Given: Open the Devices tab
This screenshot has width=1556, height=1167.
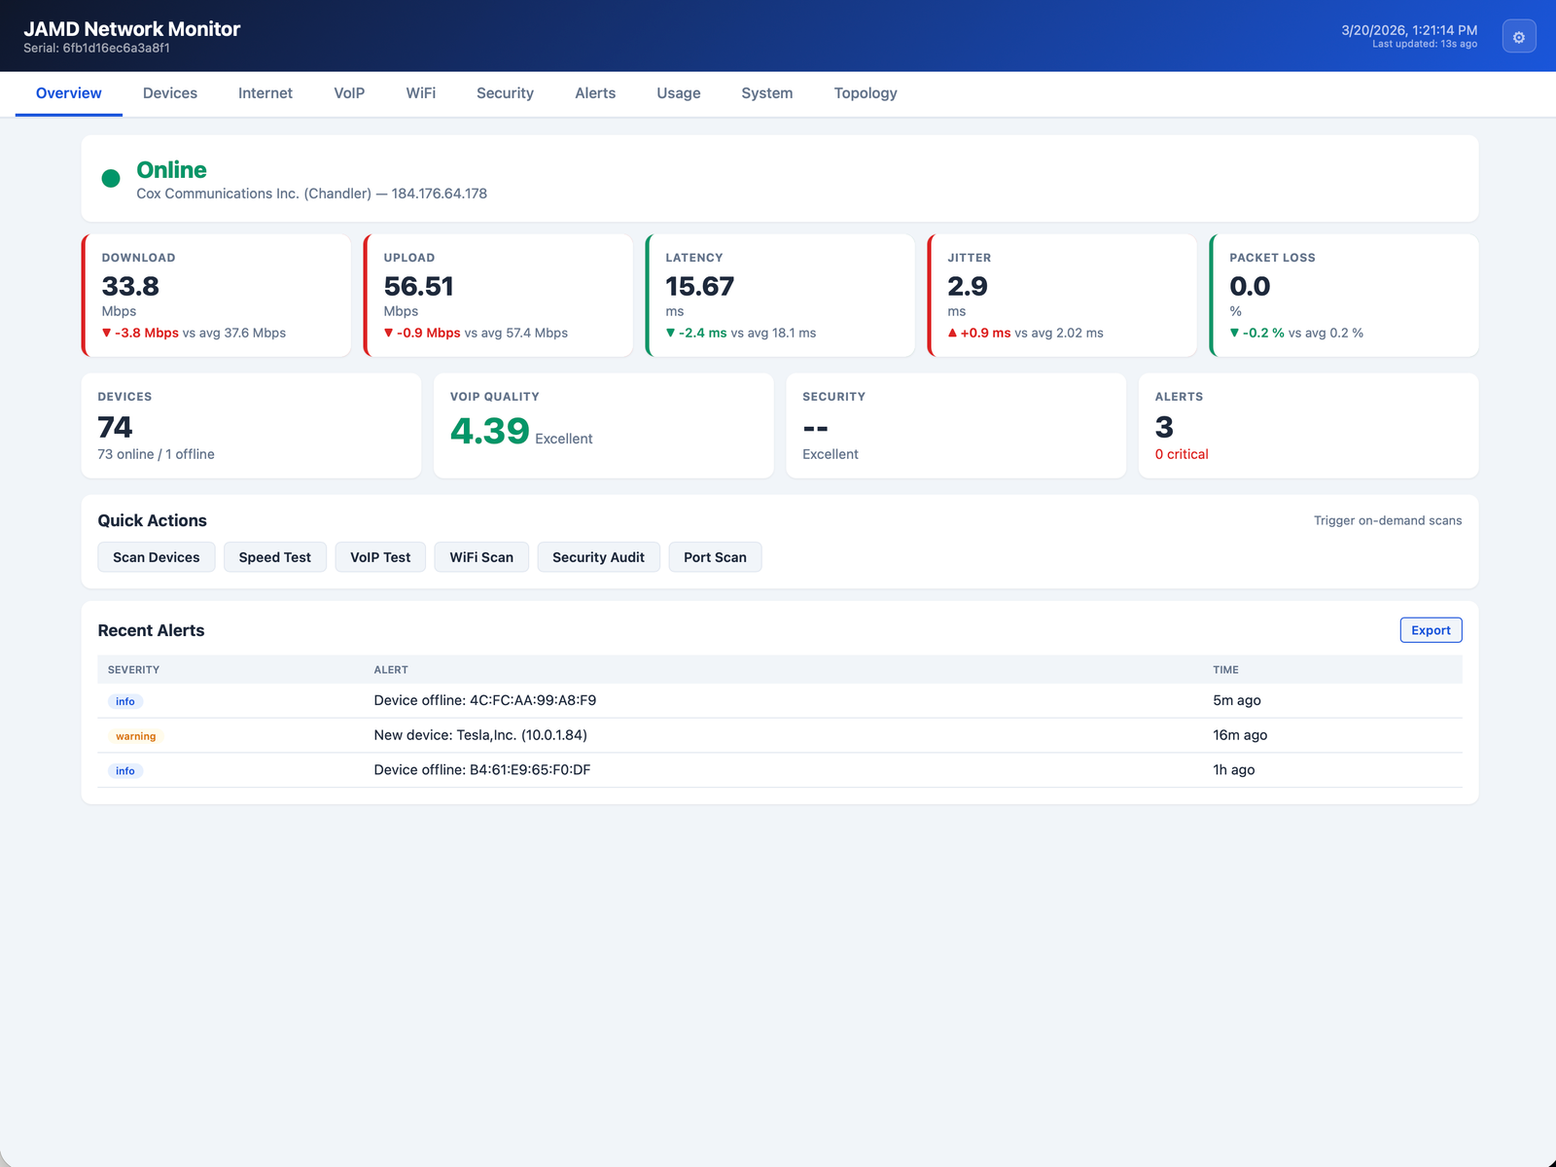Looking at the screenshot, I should [170, 93].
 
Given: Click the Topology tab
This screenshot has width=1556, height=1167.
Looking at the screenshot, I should [865, 93].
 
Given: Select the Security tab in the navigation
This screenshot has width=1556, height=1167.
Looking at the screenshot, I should [505, 93].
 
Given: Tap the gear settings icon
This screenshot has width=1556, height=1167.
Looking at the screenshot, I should [1518, 37].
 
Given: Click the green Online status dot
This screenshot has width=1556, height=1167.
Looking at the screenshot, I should [111, 178].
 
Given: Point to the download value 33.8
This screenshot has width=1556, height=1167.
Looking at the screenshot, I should [130, 286].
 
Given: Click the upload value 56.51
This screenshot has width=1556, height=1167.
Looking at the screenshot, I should [418, 286].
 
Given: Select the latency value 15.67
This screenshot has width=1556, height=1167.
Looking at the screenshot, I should [699, 286].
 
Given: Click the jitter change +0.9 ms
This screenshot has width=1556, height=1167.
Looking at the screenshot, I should [984, 333].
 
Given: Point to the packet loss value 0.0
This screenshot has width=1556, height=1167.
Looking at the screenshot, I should [1250, 286].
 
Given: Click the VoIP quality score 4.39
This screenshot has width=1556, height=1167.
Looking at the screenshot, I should [489, 431].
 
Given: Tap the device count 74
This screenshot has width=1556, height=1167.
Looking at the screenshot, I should [115, 427].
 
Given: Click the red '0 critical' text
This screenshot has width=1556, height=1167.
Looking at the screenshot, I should [1181, 454].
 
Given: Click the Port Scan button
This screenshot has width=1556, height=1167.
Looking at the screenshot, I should [715, 557].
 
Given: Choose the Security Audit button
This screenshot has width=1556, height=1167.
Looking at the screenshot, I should [598, 557].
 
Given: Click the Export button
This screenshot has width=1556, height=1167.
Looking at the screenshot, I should [1430, 630].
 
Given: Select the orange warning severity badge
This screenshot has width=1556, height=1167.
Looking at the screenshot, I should [135, 736].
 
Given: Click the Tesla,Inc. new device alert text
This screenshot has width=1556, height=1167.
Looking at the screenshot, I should [480, 735].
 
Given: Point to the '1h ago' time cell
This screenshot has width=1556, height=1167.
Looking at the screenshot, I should [1233, 769].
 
